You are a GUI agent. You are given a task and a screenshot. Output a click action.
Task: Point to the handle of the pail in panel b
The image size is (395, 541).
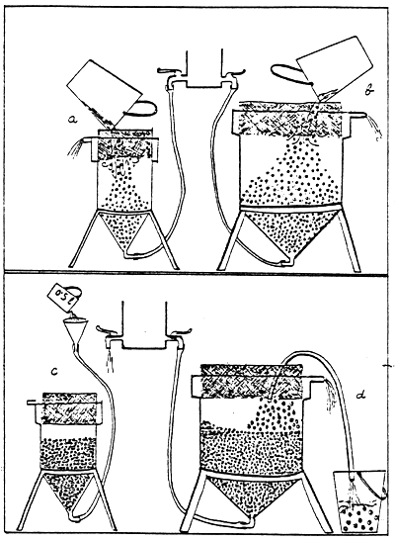[285, 71]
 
